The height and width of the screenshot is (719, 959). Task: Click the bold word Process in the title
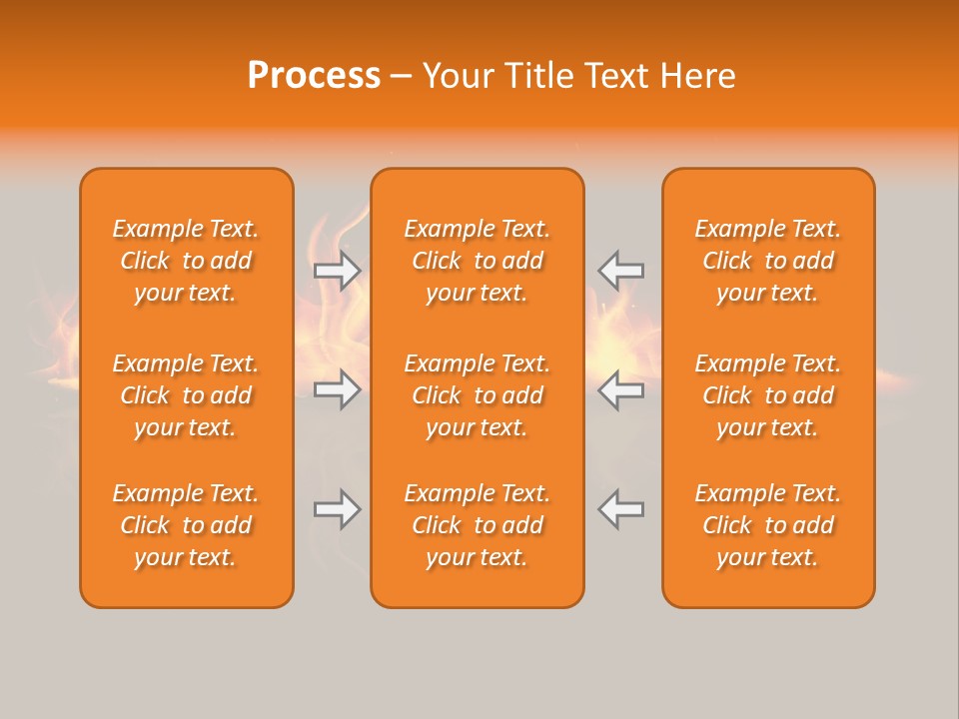coord(314,76)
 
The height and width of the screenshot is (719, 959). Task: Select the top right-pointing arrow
coord(337,271)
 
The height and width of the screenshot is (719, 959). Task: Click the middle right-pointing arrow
coord(337,389)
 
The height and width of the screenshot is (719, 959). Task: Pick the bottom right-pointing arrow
coord(337,509)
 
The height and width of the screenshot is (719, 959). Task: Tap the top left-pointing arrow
coord(620,271)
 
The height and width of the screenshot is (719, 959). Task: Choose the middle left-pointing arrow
coord(620,389)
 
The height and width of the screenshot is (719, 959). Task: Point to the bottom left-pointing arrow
coord(620,509)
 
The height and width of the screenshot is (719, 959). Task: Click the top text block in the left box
coord(186,261)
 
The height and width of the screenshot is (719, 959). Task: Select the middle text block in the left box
coord(186,395)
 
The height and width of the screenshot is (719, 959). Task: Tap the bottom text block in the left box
coord(186,525)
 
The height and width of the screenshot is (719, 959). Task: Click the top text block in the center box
coord(478,261)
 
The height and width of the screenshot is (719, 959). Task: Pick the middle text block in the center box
coord(478,395)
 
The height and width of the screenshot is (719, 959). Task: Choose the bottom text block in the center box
coord(478,525)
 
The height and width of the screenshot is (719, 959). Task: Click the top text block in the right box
coord(768,261)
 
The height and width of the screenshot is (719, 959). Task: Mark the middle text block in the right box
coord(768,395)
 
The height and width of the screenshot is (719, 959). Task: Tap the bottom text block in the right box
coord(768,525)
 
